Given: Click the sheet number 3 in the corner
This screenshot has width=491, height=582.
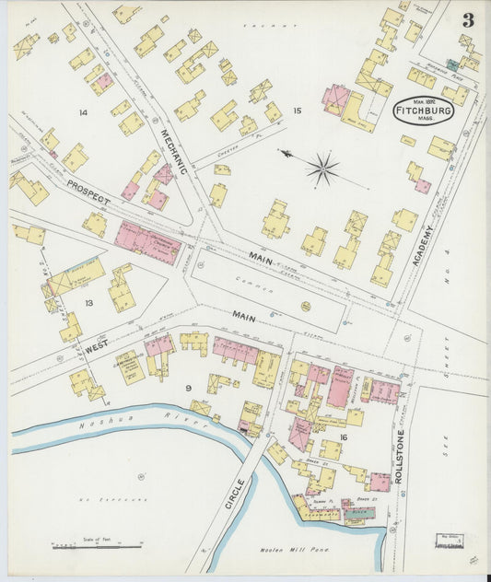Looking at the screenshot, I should [469, 19].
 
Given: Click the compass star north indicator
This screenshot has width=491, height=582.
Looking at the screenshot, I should [321, 169].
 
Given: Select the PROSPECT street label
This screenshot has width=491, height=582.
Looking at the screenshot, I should [88, 190].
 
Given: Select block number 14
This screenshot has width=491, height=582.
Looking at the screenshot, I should [83, 112].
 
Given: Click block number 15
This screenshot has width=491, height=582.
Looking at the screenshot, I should [297, 111].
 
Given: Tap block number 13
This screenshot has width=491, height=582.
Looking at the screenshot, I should [88, 302].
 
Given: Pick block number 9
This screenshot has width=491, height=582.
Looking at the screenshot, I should [188, 388].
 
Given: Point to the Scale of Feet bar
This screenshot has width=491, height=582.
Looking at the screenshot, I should [97, 545].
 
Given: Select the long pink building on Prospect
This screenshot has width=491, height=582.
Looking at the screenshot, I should [147, 243].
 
